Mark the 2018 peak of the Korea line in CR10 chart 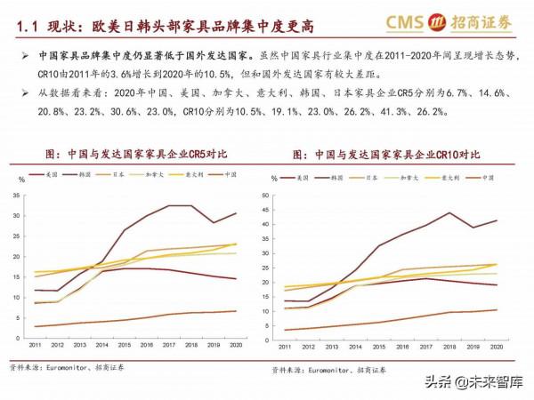click(x=449, y=212)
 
